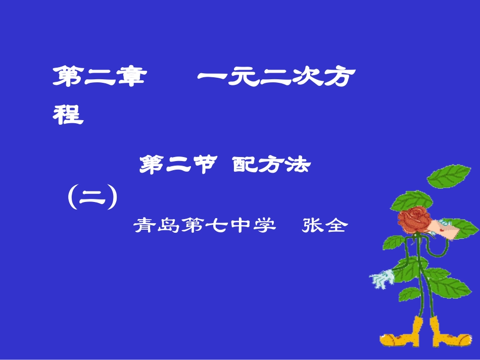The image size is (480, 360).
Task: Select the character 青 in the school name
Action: (143, 225)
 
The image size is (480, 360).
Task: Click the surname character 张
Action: (312, 225)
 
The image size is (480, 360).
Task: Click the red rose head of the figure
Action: (414, 219)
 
